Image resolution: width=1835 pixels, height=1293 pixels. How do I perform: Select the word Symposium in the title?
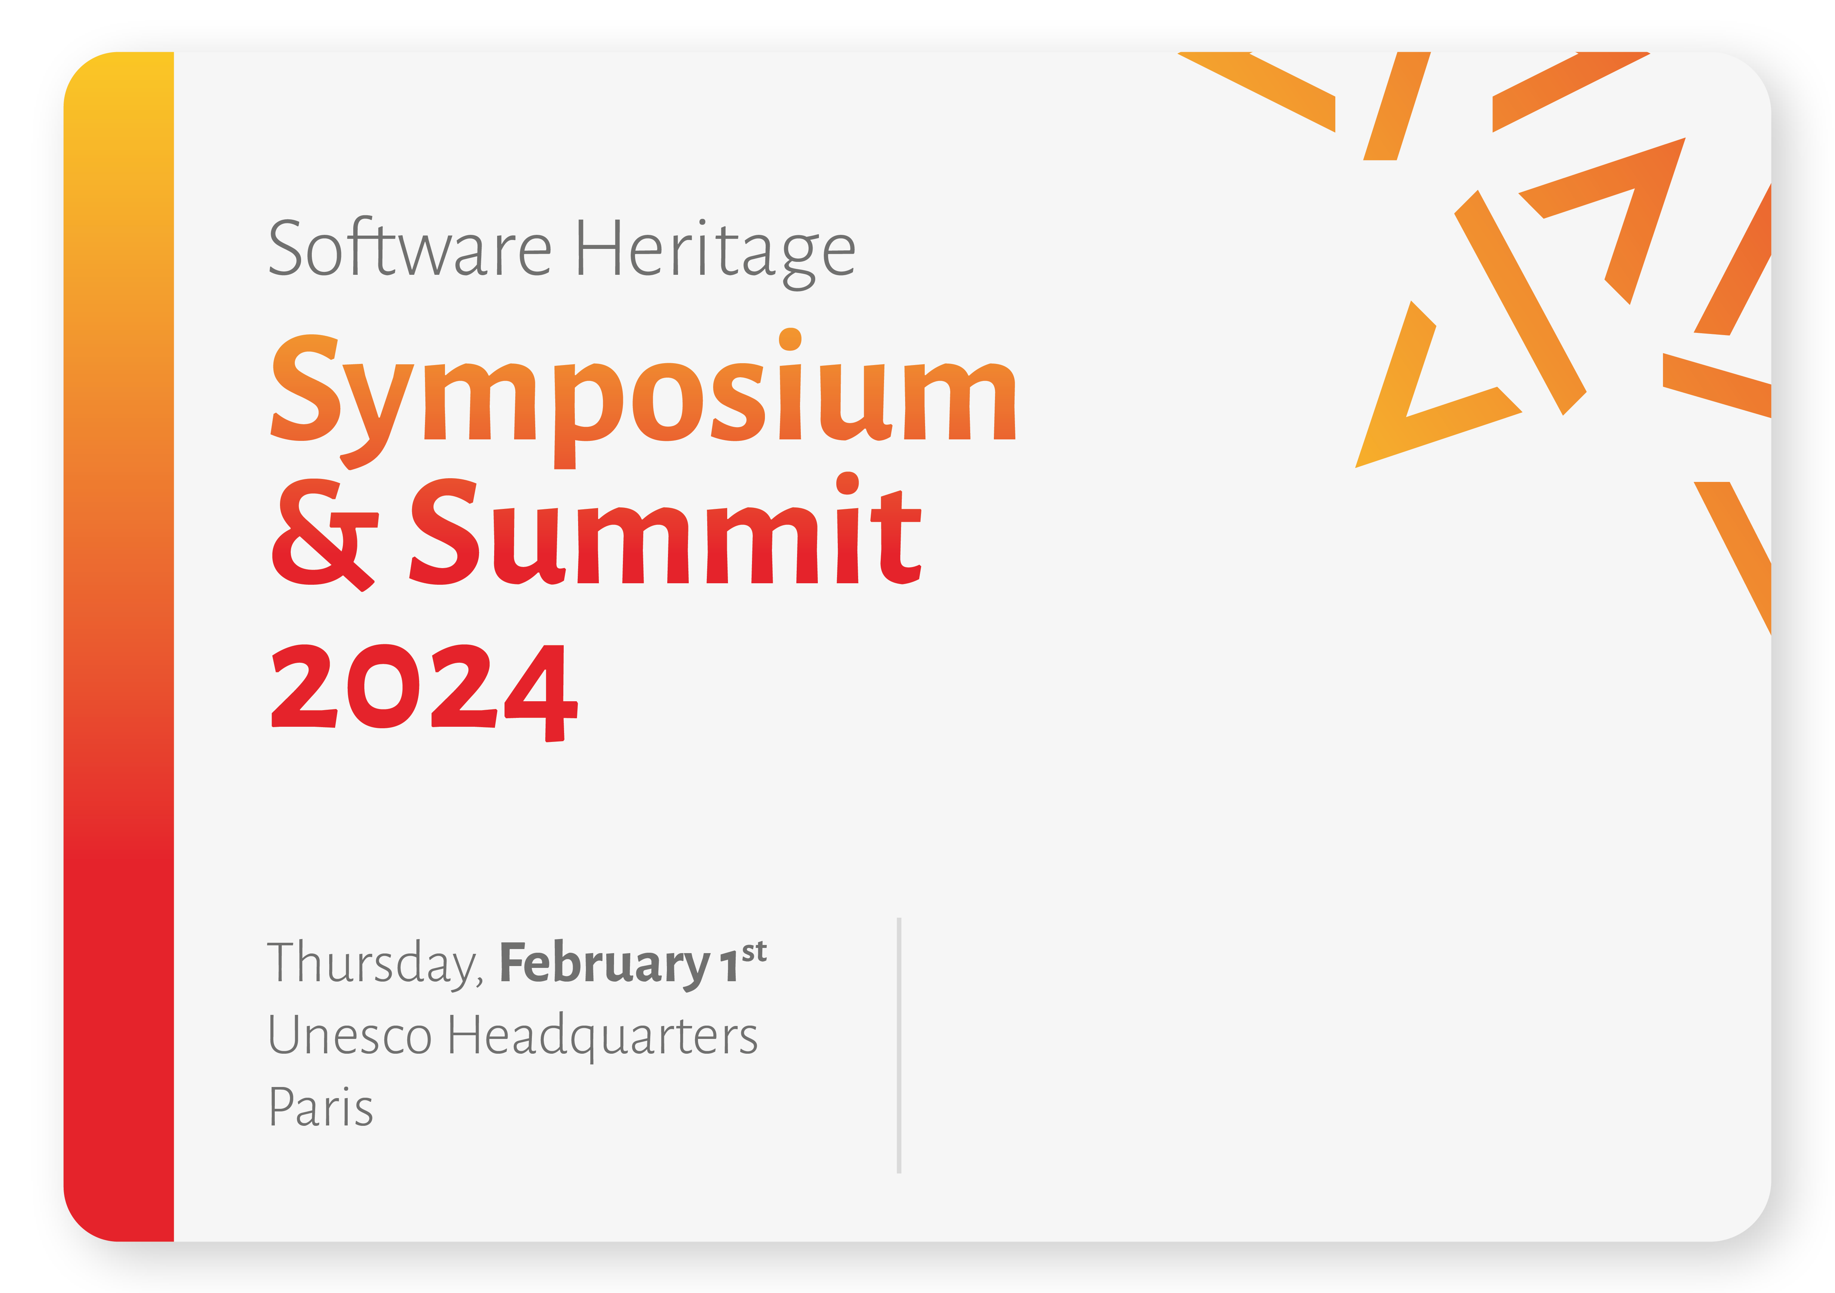643,398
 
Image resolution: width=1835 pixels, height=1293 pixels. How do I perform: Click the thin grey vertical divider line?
899,1045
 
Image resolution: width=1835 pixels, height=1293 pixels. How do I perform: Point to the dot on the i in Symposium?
790,339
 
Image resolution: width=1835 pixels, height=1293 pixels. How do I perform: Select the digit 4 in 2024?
541,693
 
